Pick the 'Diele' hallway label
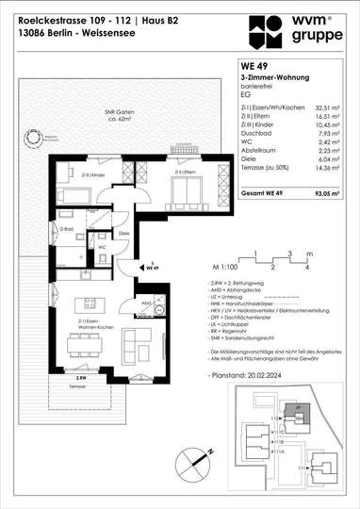123,234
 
